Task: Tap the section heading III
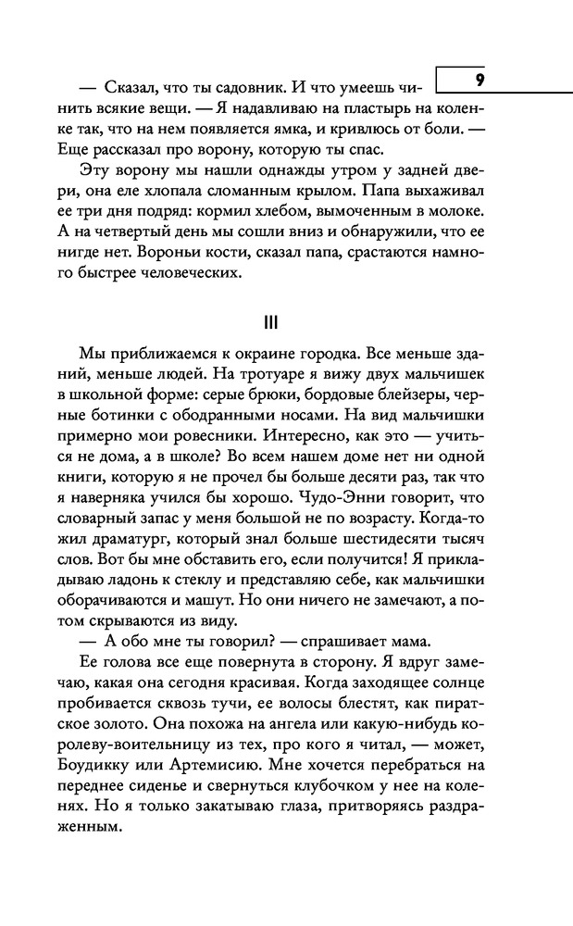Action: (271, 323)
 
